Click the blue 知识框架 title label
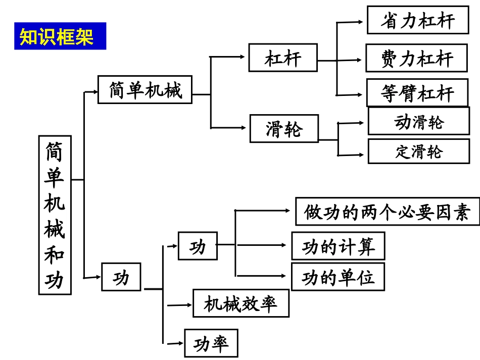click(60, 36)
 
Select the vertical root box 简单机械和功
click(55, 215)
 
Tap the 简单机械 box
click(145, 90)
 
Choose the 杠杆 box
click(282, 58)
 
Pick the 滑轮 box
click(284, 128)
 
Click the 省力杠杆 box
click(417, 20)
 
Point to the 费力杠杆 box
click(417, 58)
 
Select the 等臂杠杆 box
click(417, 92)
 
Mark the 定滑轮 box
click(418, 151)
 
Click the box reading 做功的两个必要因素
click(387, 211)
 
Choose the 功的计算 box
click(338, 246)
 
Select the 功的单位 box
click(338, 276)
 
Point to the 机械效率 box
click(241, 303)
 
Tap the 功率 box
click(211, 343)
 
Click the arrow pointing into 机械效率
click(180, 305)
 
